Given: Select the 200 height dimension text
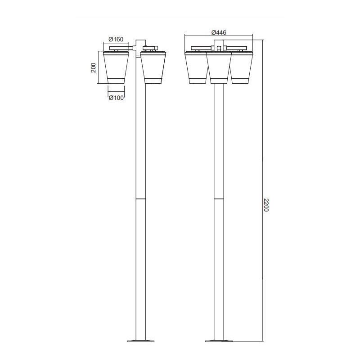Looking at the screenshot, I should pyautogui.click(x=93, y=67).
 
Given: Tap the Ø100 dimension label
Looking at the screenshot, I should pyautogui.click(x=116, y=98).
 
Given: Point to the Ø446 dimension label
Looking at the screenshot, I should pyautogui.click(x=219, y=32).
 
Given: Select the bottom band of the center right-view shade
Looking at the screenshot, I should pyautogui.click(x=219, y=81).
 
